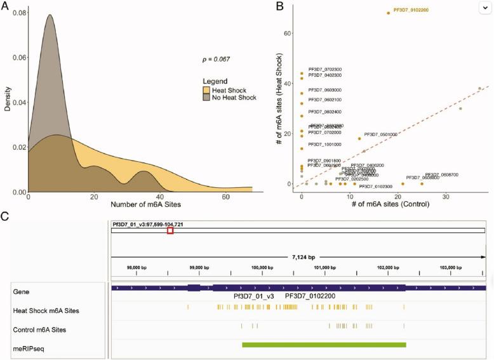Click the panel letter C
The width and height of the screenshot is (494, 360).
(5, 216)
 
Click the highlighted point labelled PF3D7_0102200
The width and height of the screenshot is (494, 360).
(389, 13)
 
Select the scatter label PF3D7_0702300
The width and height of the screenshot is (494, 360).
(325, 69)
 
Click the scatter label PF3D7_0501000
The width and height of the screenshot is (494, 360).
(380, 135)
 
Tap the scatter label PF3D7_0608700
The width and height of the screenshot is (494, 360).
(441, 175)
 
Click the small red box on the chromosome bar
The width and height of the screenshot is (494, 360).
(170, 230)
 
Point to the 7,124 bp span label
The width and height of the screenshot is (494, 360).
(298, 257)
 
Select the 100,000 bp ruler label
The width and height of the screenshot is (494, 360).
(262, 267)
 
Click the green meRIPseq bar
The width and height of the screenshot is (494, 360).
(324, 345)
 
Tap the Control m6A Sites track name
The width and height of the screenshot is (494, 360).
(39, 330)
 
